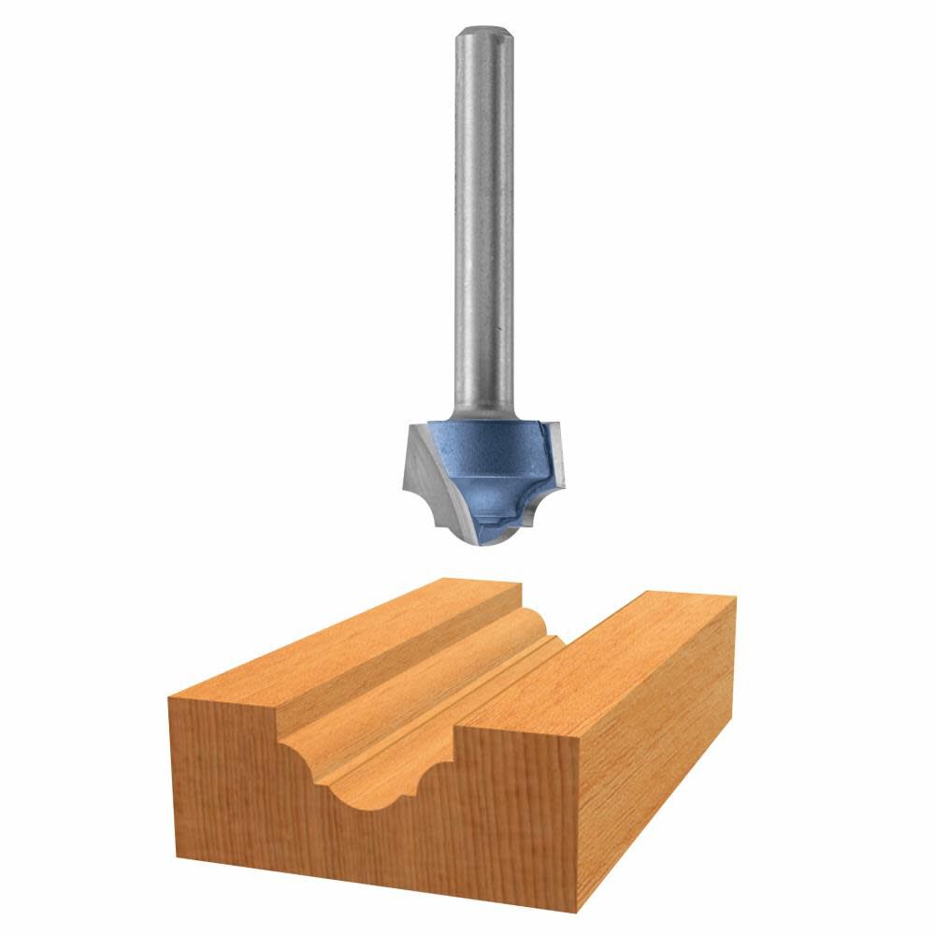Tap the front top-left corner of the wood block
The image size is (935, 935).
coord(168,697)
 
